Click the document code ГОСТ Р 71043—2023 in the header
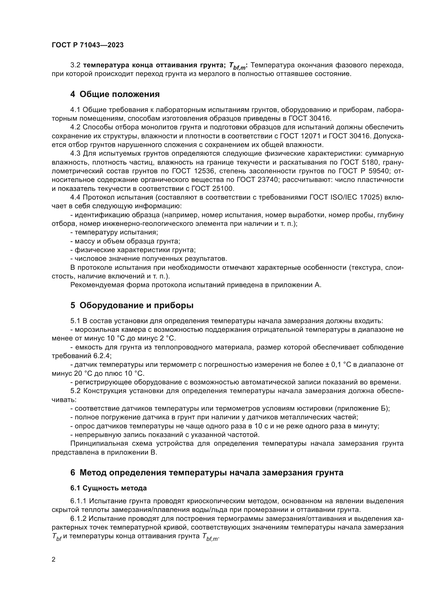tap(88, 45)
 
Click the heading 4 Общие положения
tap(115, 94)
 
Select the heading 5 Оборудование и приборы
tap(132, 305)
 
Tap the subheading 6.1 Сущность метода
tap(108, 488)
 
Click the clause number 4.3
tap(75, 154)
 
